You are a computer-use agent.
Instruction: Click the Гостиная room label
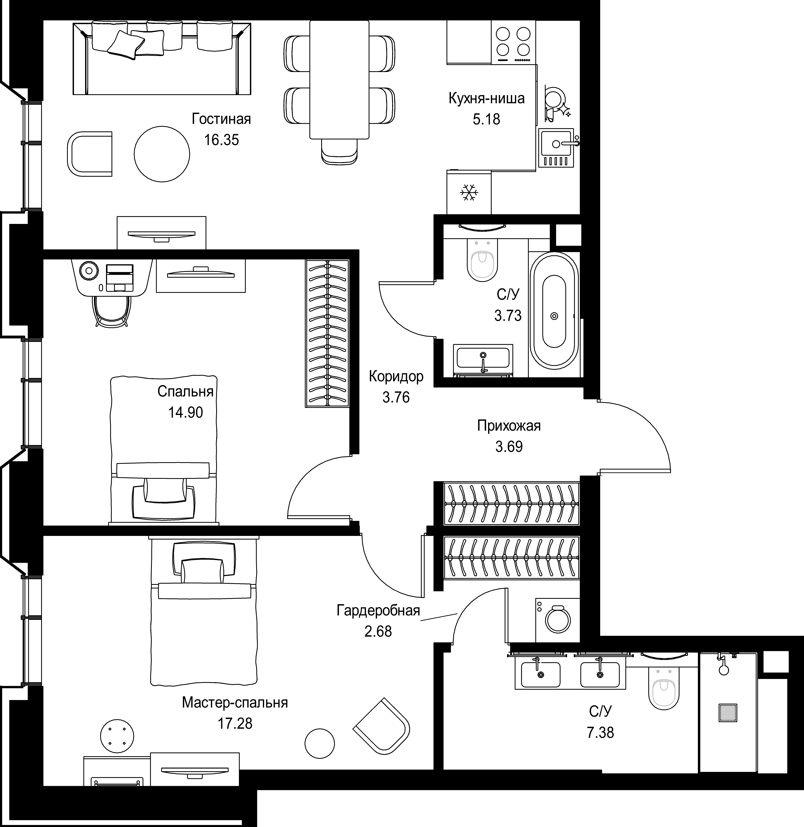click(x=221, y=119)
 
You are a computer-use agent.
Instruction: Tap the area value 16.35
click(x=221, y=140)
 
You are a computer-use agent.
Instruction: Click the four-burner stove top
click(x=513, y=42)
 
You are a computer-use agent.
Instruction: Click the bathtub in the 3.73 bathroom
click(x=554, y=309)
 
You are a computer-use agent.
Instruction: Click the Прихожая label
click(x=509, y=426)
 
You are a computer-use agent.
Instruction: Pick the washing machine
click(x=557, y=620)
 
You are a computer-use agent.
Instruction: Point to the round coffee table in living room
click(x=162, y=154)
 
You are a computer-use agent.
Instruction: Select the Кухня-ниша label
click(x=486, y=98)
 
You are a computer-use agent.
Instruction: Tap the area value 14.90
click(x=186, y=412)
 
